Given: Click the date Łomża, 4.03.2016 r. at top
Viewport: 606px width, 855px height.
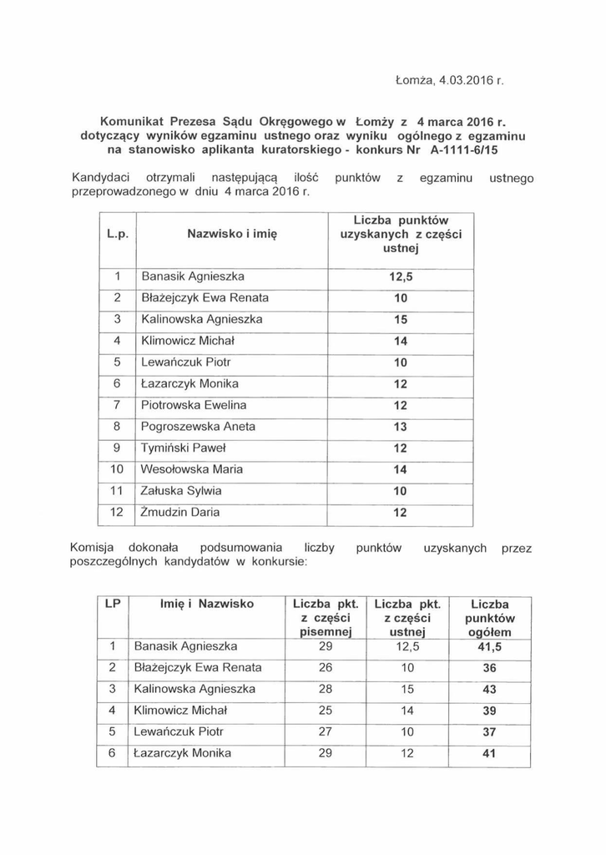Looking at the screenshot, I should coord(449,82).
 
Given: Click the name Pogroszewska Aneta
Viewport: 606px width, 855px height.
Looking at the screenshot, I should coord(198,427).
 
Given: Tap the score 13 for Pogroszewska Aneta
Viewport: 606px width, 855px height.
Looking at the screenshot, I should coord(400,427).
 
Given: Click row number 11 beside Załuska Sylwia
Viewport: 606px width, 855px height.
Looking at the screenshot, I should coord(117,491).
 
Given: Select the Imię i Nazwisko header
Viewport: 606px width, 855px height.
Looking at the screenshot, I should coord(206,603).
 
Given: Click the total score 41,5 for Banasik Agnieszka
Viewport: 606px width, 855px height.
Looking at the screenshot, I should coord(489,646).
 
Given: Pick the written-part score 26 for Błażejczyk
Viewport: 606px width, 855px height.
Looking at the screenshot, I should coord(326,667).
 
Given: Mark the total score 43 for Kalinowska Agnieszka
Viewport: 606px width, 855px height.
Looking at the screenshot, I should coord(489,689).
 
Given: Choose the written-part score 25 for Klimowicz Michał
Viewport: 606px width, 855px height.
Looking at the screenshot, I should coord(326,711).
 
